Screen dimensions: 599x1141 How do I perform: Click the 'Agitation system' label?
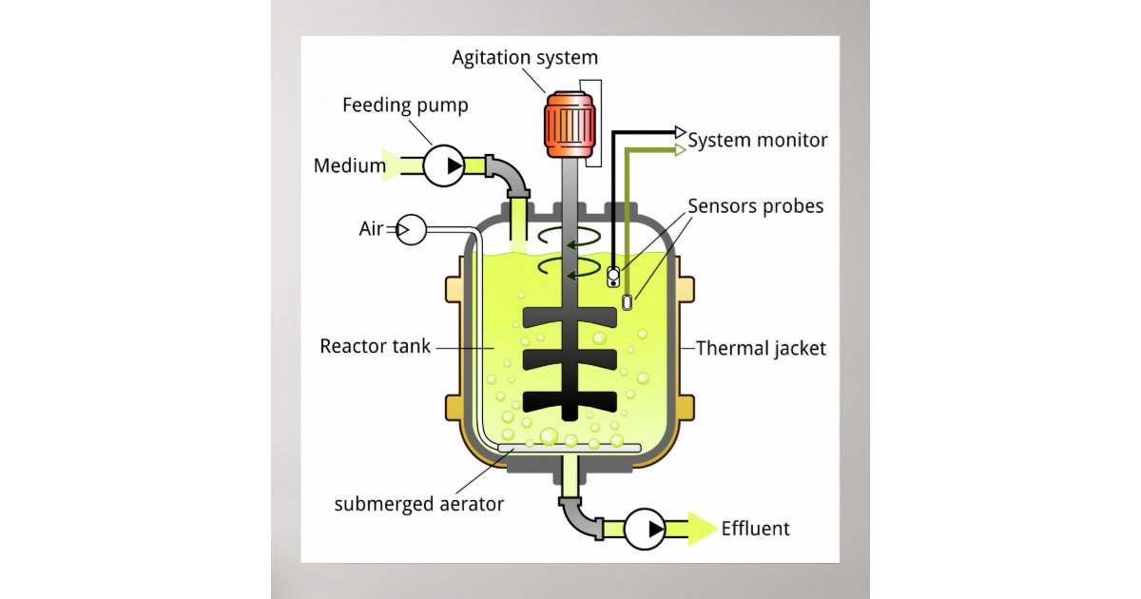(525, 58)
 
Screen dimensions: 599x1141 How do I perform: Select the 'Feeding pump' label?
(405, 105)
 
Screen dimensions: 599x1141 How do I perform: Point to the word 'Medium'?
(349, 167)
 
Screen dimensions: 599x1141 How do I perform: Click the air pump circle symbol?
(411, 229)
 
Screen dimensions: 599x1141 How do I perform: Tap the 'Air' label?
(371, 229)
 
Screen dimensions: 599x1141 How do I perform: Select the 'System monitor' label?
(757, 141)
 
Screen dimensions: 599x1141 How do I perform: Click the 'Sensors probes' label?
(755, 205)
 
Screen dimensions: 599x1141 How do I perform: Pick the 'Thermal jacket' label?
(761, 348)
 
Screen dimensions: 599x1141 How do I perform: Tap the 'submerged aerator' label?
(418, 504)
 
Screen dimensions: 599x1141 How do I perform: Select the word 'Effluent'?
(755, 529)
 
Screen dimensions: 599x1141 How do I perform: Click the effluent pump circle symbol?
(644, 529)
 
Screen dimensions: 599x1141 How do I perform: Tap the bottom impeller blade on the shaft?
(570, 400)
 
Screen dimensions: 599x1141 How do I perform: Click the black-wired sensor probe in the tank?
(613, 277)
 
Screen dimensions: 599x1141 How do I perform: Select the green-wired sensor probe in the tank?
(628, 302)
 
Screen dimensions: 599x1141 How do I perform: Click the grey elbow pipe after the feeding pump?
(510, 173)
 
